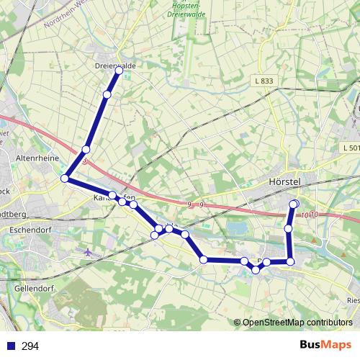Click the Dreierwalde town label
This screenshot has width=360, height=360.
tap(115, 66)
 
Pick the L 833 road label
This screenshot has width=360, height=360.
tap(264, 81)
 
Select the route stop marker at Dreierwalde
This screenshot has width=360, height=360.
tap(119, 71)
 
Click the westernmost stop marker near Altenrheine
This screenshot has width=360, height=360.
tap(65, 178)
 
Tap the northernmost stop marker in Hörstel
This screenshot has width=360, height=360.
tap(294, 204)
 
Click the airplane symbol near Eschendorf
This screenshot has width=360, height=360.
tap(89, 252)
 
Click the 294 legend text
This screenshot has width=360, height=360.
tap(30, 346)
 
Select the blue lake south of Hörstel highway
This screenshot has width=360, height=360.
tap(235, 230)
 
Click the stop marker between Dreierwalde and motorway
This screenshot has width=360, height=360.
tap(107, 94)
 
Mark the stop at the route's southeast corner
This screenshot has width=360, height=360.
tap(291, 261)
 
